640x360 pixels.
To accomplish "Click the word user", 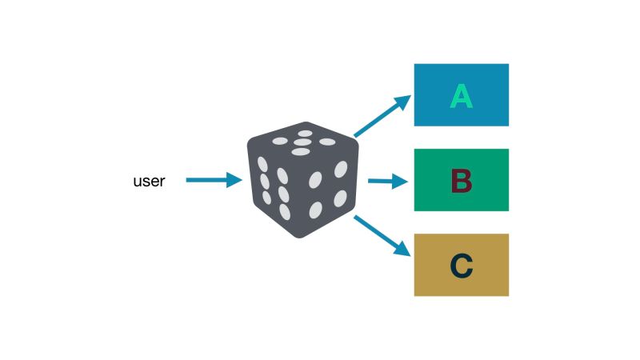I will tap(149, 182).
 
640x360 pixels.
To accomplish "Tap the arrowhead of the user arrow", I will tap(234, 181).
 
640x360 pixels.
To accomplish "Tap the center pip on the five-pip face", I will tap(302, 142).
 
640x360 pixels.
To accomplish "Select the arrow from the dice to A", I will tap(380, 117).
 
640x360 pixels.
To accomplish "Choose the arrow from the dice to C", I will tap(381, 236).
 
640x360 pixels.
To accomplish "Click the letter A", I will tap(461, 96).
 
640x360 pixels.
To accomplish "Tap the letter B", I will tap(461, 181).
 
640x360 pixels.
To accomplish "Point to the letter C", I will tap(461, 266).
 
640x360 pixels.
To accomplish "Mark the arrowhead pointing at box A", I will tap(403, 102).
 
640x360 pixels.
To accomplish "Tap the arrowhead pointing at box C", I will tap(404, 252).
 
